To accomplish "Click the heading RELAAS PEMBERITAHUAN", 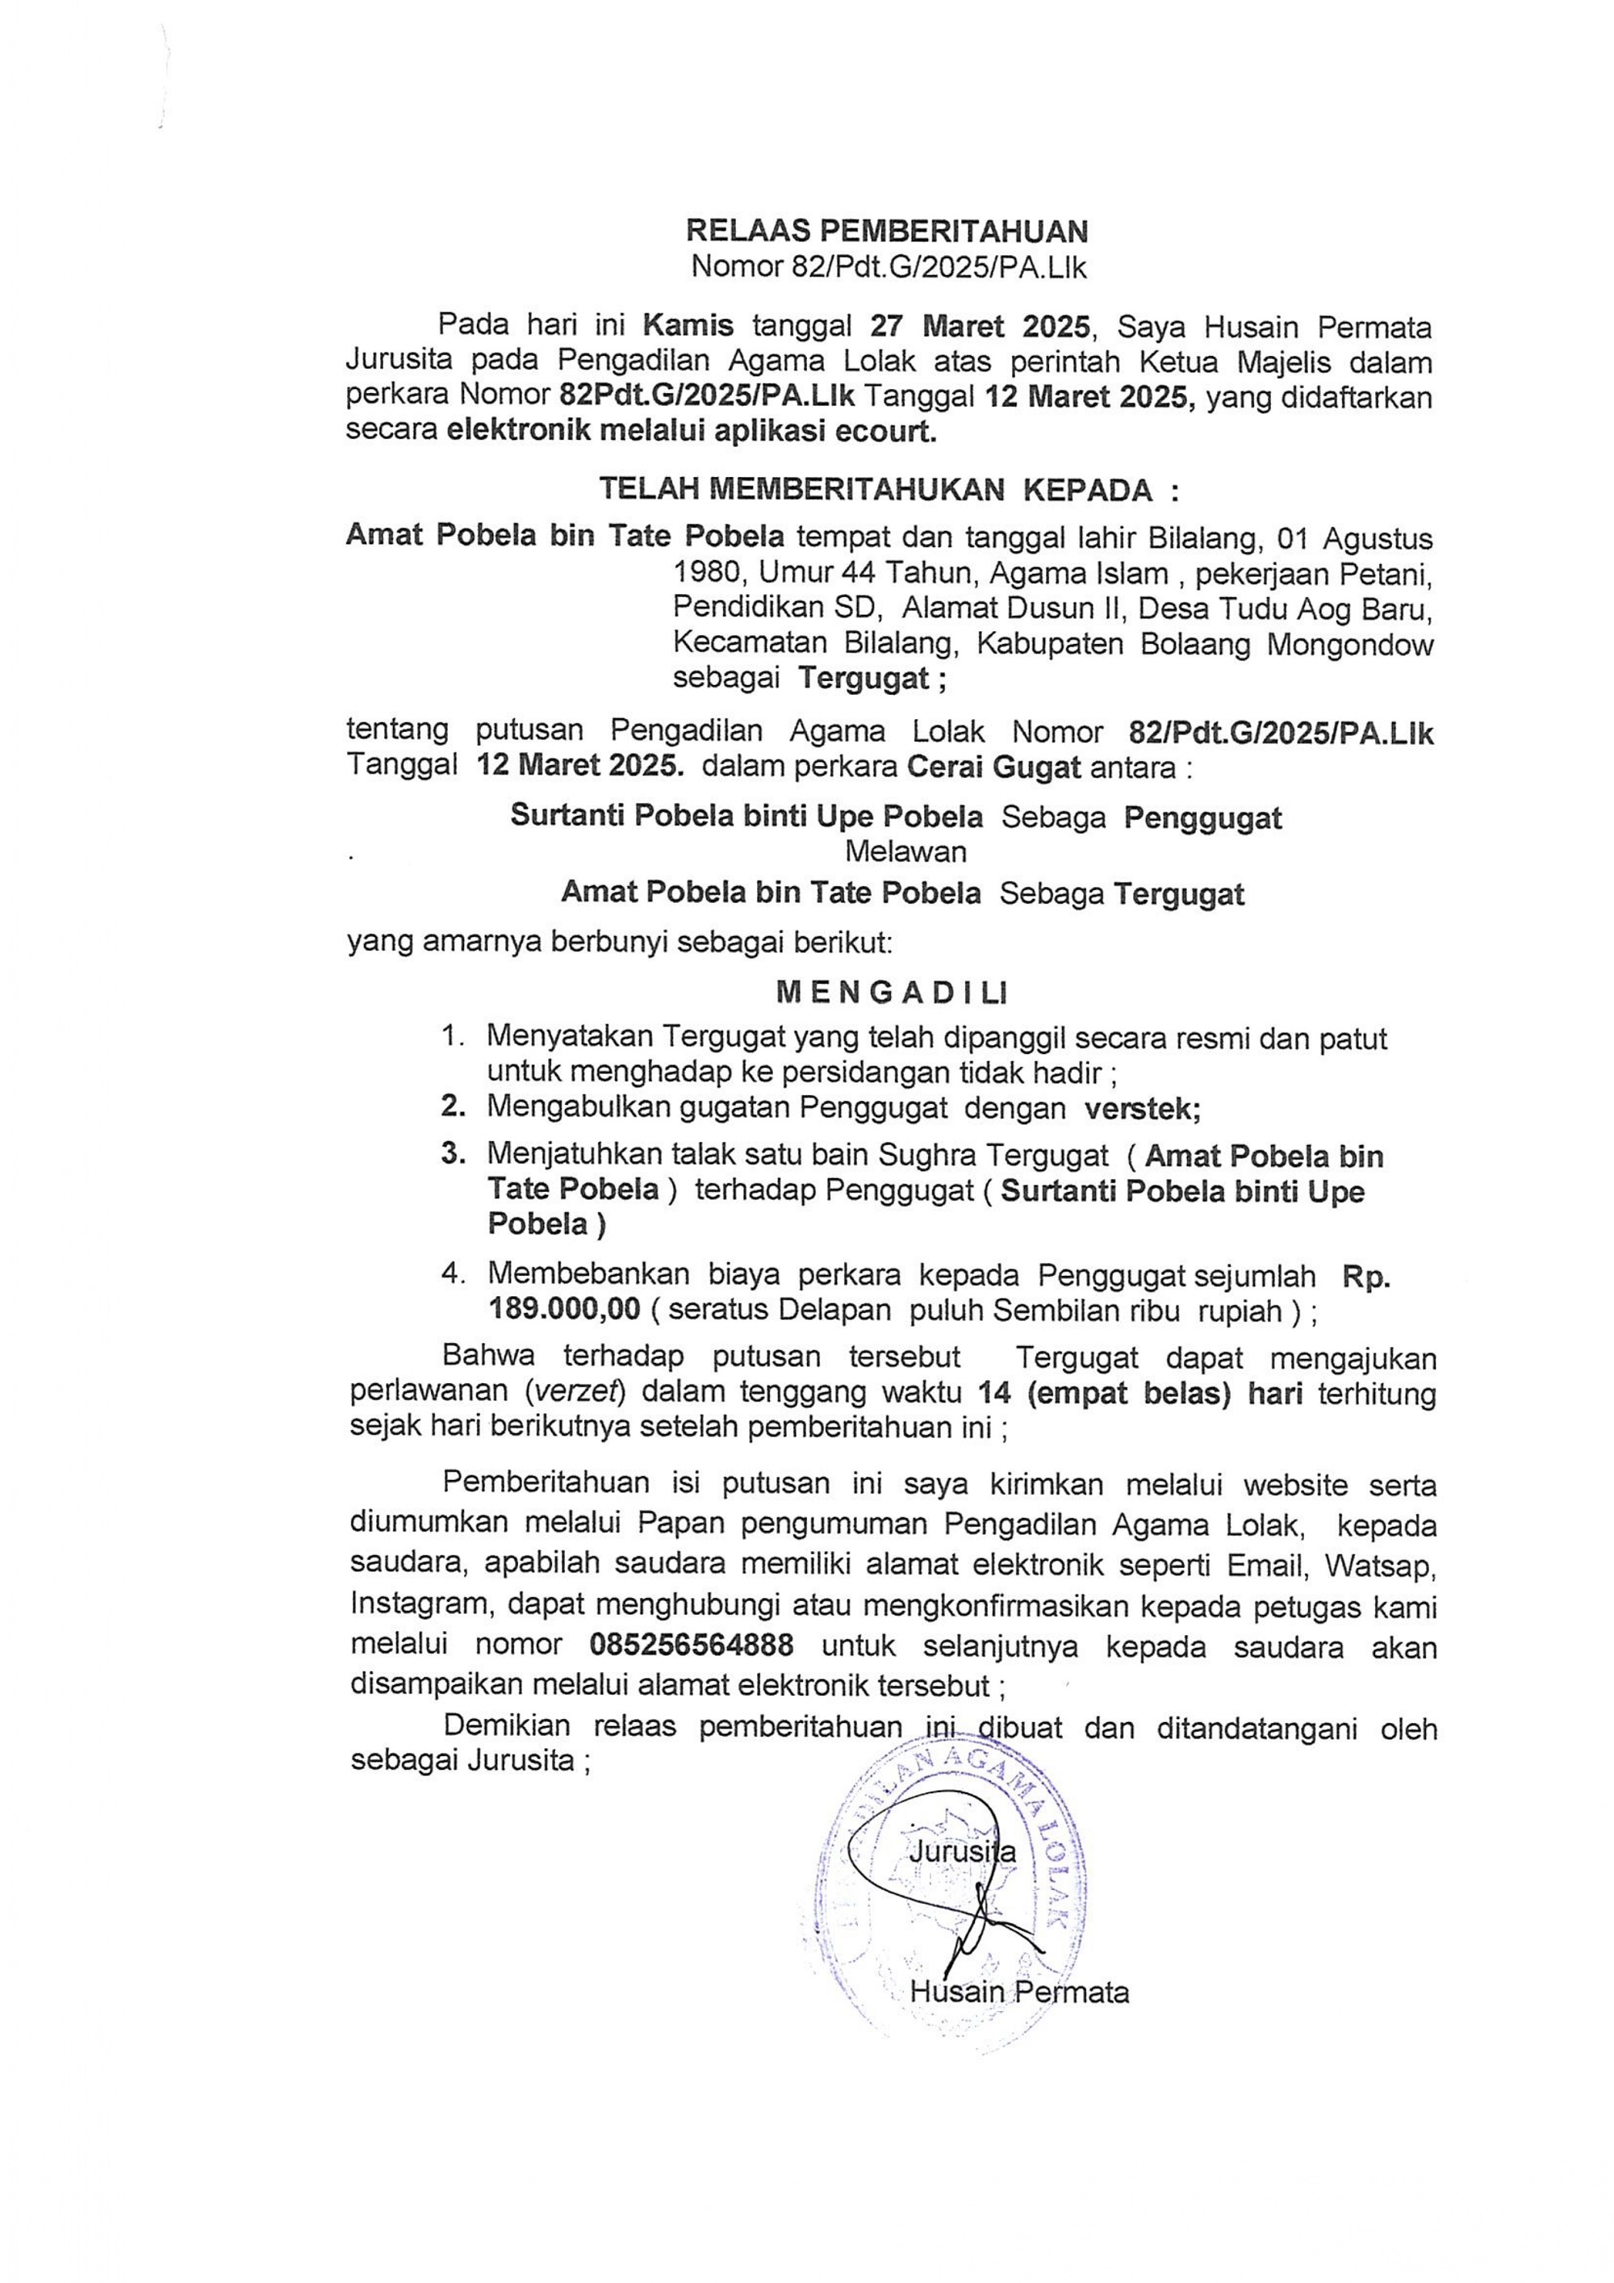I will click(887, 232).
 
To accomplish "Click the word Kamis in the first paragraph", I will click(688, 325).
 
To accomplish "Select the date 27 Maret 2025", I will click(980, 325).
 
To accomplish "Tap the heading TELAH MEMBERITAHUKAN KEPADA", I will click(888, 489).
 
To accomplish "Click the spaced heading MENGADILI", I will click(891, 993).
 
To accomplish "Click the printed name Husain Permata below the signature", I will click(1019, 1992).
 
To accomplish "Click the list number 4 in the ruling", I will click(454, 1273).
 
